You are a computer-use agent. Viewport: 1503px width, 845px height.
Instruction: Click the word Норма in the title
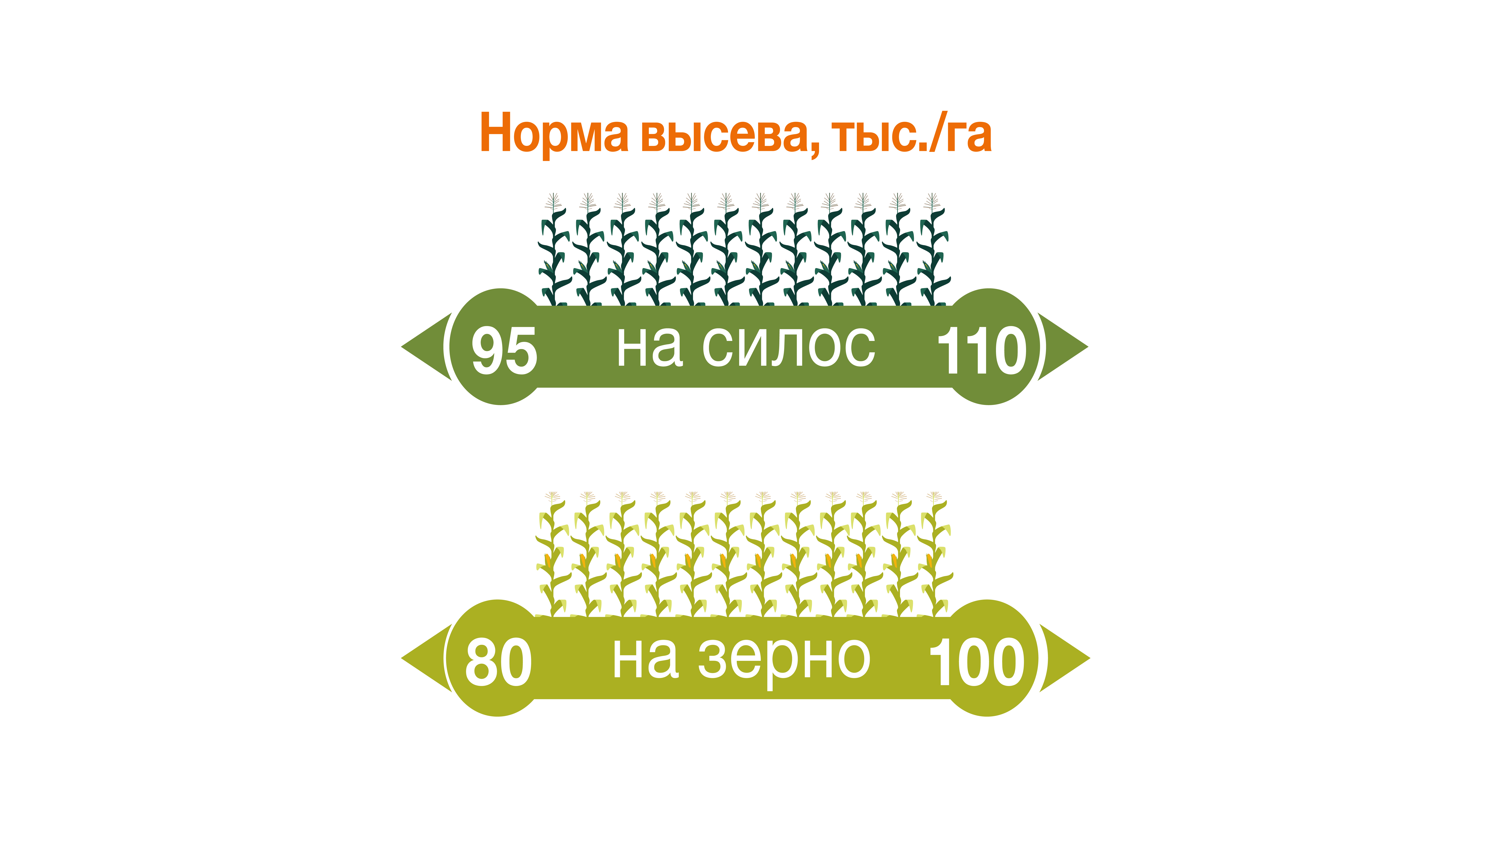tap(554, 133)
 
